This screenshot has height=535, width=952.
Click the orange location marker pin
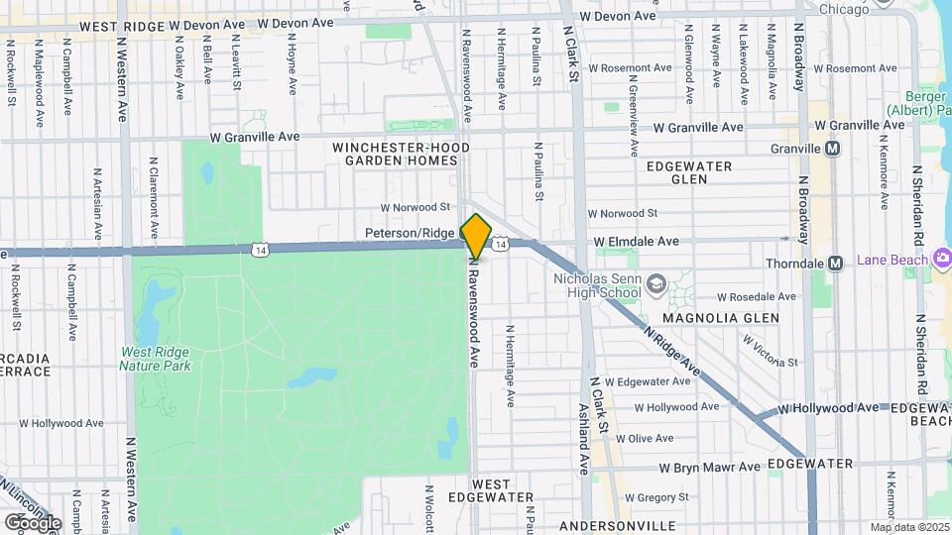(x=476, y=237)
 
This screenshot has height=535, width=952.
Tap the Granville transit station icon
(x=833, y=149)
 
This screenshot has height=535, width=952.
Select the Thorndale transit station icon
(x=835, y=264)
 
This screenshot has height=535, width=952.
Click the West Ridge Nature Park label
(x=157, y=359)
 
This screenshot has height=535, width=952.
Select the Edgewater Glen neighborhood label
(x=689, y=172)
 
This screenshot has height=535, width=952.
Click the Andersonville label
(x=617, y=525)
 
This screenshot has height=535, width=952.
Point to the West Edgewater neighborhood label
(x=490, y=490)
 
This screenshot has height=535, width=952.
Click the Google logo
(x=33, y=522)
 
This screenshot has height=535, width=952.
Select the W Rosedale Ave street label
(x=757, y=296)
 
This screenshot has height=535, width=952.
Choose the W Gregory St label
(x=665, y=497)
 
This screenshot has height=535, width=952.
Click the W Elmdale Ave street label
(x=636, y=241)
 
